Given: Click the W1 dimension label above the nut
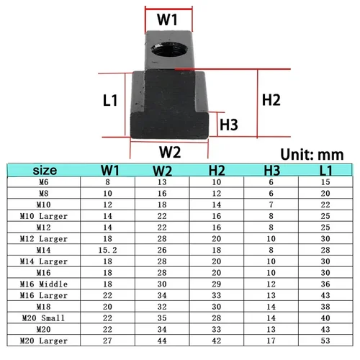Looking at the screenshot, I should (x=168, y=20).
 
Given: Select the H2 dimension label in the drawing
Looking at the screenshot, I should (x=270, y=100).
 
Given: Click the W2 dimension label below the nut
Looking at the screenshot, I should (x=170, y=152).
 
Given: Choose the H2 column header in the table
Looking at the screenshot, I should (x=216, y=171).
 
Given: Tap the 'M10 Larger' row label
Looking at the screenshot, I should (x=42, y=215).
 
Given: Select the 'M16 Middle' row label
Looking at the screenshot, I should (x=42, y=284).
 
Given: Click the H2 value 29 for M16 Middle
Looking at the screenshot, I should (x=216, y=284).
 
